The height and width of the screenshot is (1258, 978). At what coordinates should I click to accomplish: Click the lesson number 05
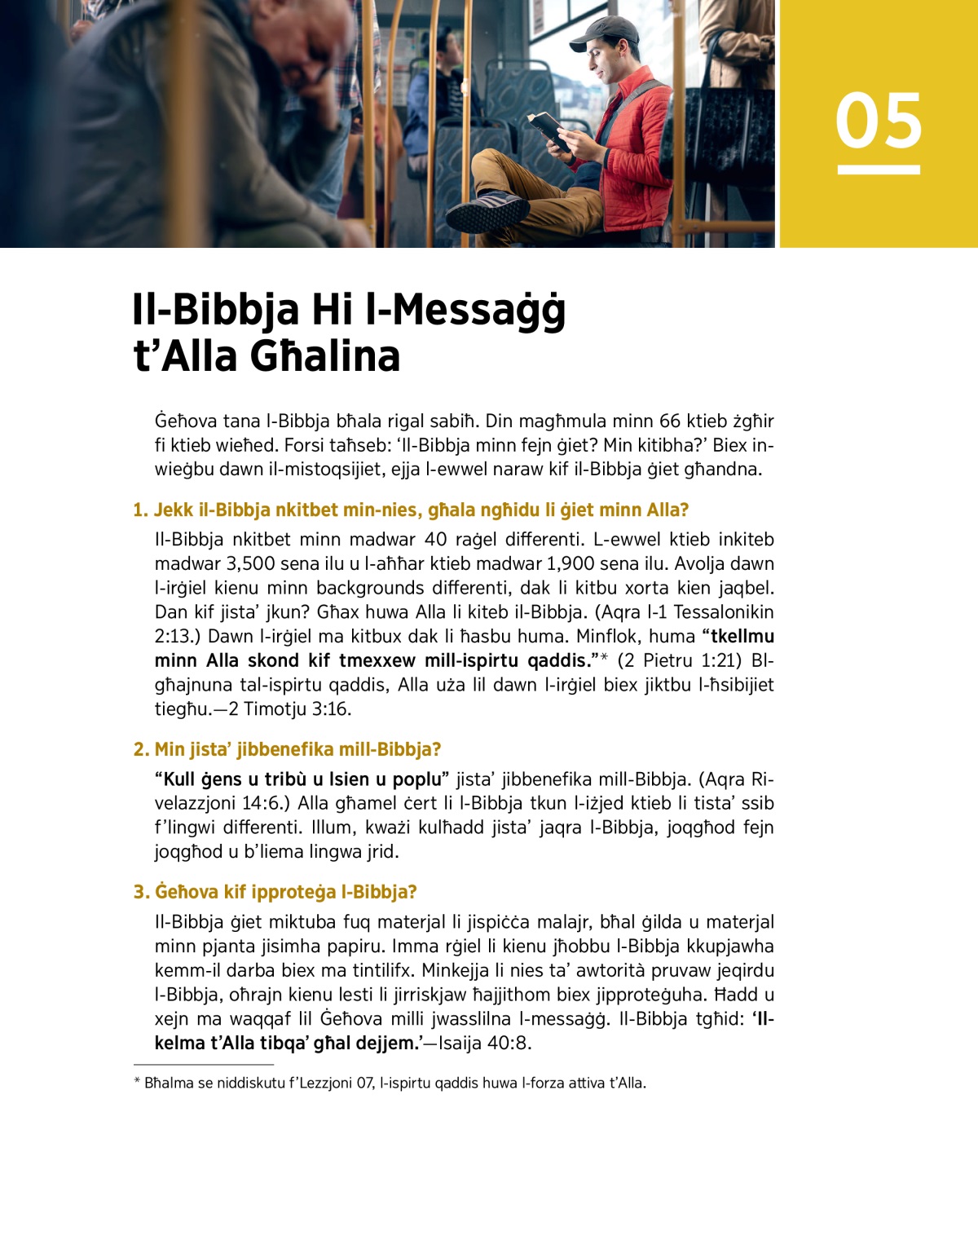(x=878, y=121)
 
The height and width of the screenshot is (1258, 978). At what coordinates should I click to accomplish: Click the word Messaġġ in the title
(x=478, y=310)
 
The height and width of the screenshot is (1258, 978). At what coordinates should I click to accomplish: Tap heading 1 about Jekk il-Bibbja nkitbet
(x=411, y=510)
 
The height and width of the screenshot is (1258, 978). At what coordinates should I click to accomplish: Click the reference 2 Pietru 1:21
(x=681, y=660)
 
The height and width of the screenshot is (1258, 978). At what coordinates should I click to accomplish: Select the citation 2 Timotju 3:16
(x=290, y=709)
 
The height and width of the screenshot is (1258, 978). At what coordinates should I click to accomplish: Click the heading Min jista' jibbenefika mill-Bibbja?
(x=287, y=749)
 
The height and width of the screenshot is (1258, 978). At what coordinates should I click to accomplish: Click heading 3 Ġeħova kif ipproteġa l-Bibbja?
(x=275, y=892)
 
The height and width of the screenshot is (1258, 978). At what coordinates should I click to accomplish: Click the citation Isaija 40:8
(x=485, y=1044)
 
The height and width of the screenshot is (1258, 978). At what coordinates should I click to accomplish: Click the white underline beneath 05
(x=879, y=170)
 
